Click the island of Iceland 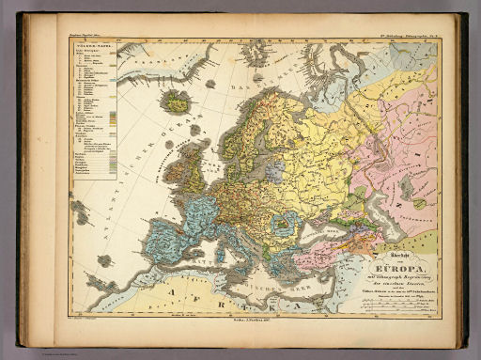point(175,100)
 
